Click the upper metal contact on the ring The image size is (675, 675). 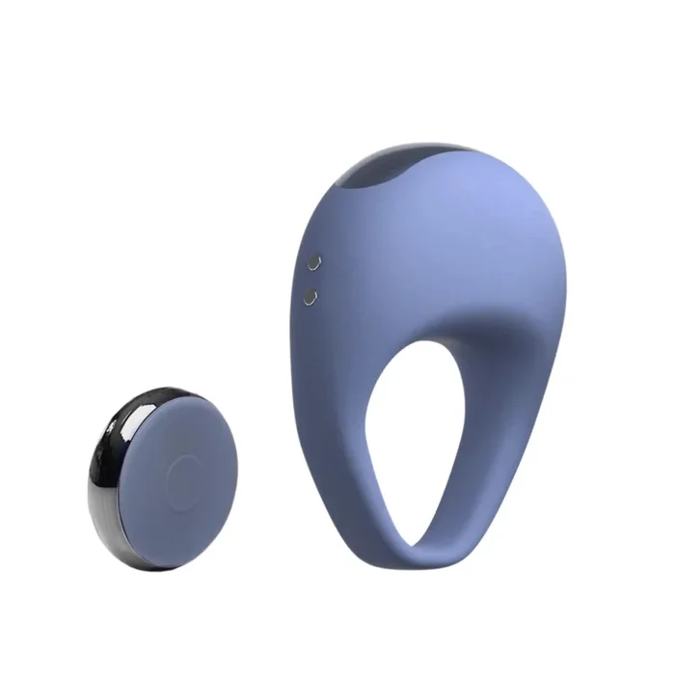(x=313, y=261)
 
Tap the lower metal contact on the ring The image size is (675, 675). (x=310, y=297)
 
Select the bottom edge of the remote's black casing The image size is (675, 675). (x=145, y=564)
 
